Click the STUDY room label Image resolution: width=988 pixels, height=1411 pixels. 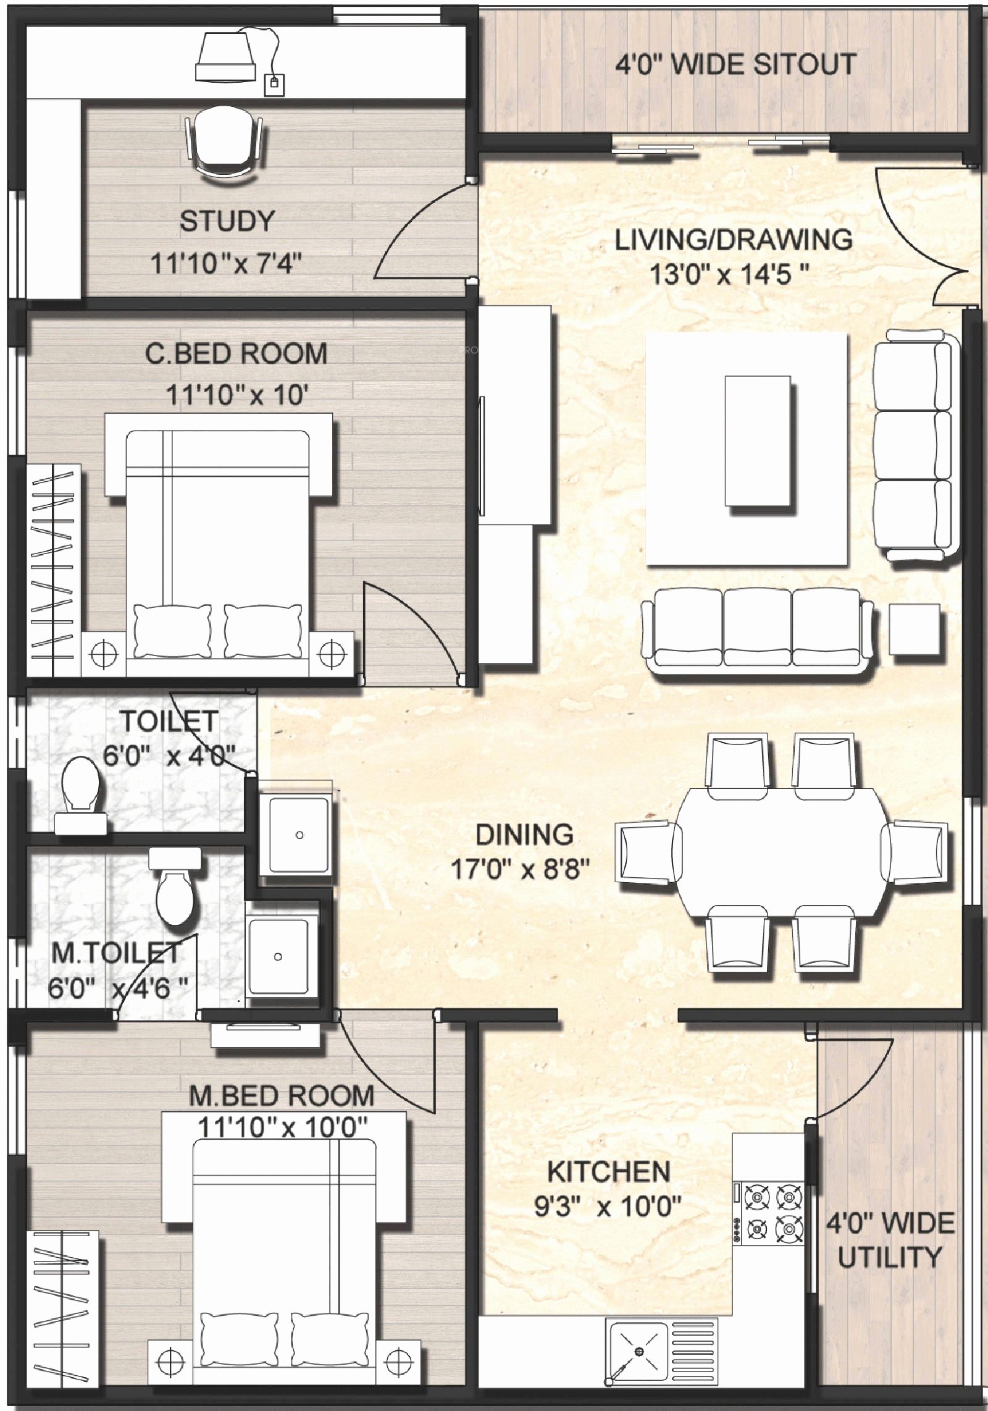[227, 221]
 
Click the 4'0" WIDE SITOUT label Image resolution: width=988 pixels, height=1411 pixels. [735, 64]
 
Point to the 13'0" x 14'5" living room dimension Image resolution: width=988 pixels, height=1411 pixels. [729, 274]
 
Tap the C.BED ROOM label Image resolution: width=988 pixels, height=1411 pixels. [236, 354]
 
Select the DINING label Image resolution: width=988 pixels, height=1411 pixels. [524, 835]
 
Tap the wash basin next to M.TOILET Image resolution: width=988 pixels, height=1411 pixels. [278, 956]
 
